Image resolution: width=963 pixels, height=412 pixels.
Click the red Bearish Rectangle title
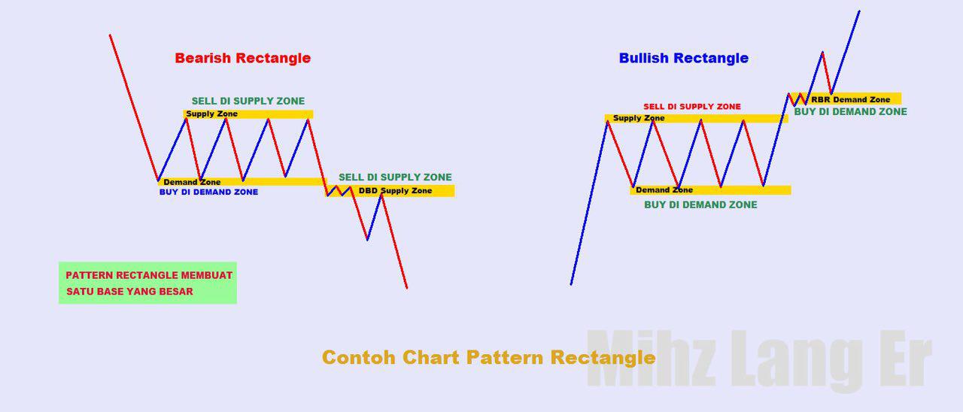242,58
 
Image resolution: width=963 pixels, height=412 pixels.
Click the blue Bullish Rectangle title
683,58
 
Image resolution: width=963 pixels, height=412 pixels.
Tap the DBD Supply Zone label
395,191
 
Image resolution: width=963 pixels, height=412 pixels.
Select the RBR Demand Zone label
850,99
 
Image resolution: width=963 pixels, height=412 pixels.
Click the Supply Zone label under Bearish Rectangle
211,114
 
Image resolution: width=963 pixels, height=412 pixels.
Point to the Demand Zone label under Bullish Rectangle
664,190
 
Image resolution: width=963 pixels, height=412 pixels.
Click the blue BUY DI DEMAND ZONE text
208,192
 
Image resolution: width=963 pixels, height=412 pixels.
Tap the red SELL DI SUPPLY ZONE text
691,107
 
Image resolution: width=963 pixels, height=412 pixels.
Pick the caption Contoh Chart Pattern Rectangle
488,357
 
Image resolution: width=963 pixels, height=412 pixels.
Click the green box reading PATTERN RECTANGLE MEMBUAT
148,275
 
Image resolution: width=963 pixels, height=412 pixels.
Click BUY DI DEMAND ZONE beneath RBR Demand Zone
850,111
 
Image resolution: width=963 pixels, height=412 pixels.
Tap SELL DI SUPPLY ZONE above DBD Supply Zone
395,177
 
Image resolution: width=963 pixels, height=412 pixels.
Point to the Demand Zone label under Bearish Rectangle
192,182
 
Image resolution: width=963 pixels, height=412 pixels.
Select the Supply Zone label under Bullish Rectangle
639,118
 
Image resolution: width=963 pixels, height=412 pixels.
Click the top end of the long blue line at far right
859,11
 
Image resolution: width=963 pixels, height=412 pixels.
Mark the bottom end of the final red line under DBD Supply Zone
407,287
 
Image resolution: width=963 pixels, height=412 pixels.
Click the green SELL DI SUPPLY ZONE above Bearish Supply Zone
248,101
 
